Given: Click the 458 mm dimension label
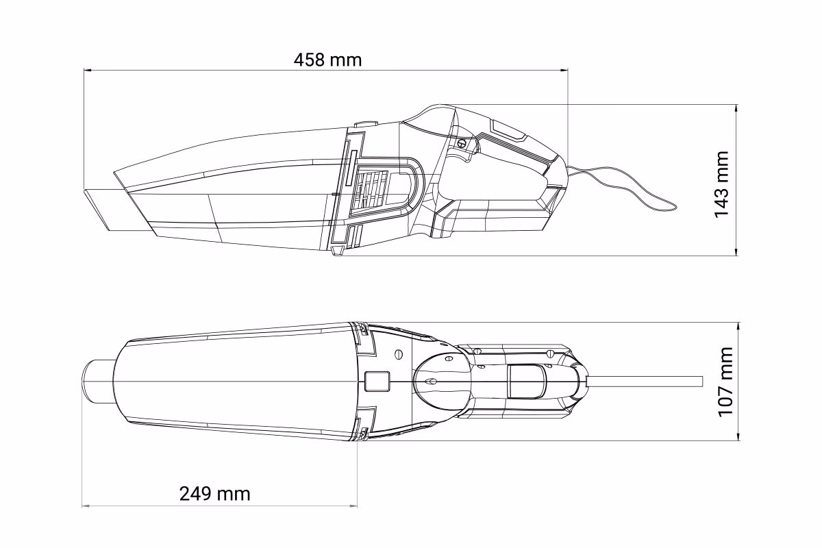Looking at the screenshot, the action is (x=327, y=60).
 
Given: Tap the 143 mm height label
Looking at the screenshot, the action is (x=721, y=184).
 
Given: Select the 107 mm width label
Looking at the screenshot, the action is (x=725, y=382).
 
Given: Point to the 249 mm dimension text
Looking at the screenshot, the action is (x=214, y=494).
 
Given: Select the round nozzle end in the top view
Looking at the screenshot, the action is (x=96, y=382).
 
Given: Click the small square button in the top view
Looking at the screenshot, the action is (x=377, y=381).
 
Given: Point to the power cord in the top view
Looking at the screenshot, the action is (x=645, y=382).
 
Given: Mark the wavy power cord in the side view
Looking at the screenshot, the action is (x=624, y=187).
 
